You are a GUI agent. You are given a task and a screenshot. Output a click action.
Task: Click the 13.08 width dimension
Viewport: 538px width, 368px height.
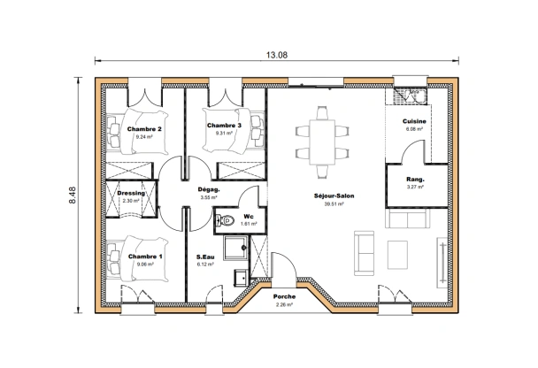tap(275, 55)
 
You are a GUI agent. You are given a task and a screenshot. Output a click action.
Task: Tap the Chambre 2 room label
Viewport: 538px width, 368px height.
tap(143, 129)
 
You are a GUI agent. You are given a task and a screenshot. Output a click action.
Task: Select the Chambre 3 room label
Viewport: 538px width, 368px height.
tap(225, 126)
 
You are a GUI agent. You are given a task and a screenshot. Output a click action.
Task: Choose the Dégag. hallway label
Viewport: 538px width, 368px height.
tap(209, 189)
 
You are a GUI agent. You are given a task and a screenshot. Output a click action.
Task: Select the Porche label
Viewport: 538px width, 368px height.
tap(284, 297)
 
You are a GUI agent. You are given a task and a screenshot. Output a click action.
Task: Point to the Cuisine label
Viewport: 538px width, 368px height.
tap(414, 121)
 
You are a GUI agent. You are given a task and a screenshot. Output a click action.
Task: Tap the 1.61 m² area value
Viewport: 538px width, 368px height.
tap(249, 224)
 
